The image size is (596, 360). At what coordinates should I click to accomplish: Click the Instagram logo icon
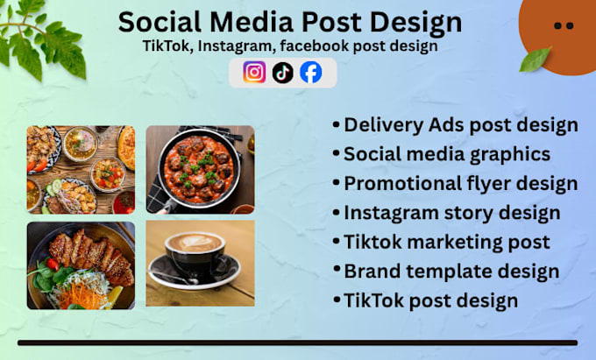[x=254, y=72]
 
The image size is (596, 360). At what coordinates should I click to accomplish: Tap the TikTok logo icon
[x=283, y=73]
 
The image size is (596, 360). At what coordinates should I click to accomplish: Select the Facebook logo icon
[x=311, y=72]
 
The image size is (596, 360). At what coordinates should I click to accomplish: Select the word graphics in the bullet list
[x=510, y=155]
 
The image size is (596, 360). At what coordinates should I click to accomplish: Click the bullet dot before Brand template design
[x=337, y=269]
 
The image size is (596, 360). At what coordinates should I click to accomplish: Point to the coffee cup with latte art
[x=195, y=254]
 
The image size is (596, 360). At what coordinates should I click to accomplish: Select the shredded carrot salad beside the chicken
[x=84, y=293]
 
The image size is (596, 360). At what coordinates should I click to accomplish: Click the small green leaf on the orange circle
[x=536, y=60]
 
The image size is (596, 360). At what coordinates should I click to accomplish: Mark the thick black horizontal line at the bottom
[x=298, y=342]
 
